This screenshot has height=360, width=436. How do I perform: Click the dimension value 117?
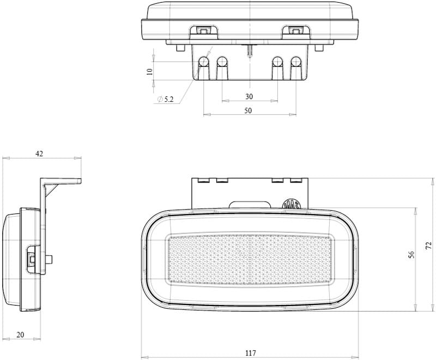point(251,353)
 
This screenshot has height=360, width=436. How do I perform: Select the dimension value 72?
point(429,245)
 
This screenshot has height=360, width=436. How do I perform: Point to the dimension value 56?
point(412,254)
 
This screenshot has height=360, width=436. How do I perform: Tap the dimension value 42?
point(39,154)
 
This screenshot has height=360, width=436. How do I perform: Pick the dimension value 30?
point(249,96)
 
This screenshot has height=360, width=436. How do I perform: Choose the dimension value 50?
point(248,111)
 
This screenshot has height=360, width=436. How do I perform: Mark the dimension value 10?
point(149,72)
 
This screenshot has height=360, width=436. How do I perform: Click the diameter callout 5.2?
point(166,99)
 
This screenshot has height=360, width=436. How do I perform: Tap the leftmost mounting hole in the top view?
point(203,62)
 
